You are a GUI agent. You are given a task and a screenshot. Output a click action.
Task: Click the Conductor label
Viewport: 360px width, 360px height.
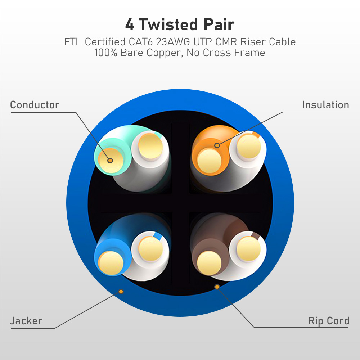[35, 105]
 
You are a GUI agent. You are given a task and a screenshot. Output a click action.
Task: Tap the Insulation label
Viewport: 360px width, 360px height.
[325, 105]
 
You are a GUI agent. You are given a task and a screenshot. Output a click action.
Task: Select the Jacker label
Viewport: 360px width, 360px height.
[26, 321]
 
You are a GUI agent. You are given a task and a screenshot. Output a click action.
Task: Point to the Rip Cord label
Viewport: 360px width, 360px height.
[329, 321]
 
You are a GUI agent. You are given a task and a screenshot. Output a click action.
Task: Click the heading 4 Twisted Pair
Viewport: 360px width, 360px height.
[180, 24]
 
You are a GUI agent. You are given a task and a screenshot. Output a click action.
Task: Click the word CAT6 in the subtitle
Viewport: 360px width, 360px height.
[141, 42]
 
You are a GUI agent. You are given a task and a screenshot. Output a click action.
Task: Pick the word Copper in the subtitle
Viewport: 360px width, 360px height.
[165, 53]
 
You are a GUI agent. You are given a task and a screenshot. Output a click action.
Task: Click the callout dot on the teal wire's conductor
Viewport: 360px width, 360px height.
[110, 161]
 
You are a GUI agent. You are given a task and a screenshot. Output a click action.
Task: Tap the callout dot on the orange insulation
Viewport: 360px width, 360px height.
[217, 145]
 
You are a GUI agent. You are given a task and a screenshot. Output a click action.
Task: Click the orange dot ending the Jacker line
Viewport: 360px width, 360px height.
[121, 292]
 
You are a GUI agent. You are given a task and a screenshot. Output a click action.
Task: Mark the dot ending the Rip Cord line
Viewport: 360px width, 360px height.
[217, 287]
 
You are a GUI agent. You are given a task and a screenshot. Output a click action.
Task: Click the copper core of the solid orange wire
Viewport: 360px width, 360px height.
[209, 161]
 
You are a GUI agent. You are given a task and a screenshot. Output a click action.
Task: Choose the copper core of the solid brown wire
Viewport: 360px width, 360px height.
[209, 263]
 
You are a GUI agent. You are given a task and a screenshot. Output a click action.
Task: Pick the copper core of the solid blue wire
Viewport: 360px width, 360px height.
[111, 263]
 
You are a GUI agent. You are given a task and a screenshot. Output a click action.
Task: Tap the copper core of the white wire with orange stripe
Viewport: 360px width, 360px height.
[249, 147]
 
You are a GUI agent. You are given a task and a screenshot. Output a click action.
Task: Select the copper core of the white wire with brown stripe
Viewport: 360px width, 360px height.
[249, 249]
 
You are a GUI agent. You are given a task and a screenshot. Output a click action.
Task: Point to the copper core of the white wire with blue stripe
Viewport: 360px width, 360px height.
[150, 249]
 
